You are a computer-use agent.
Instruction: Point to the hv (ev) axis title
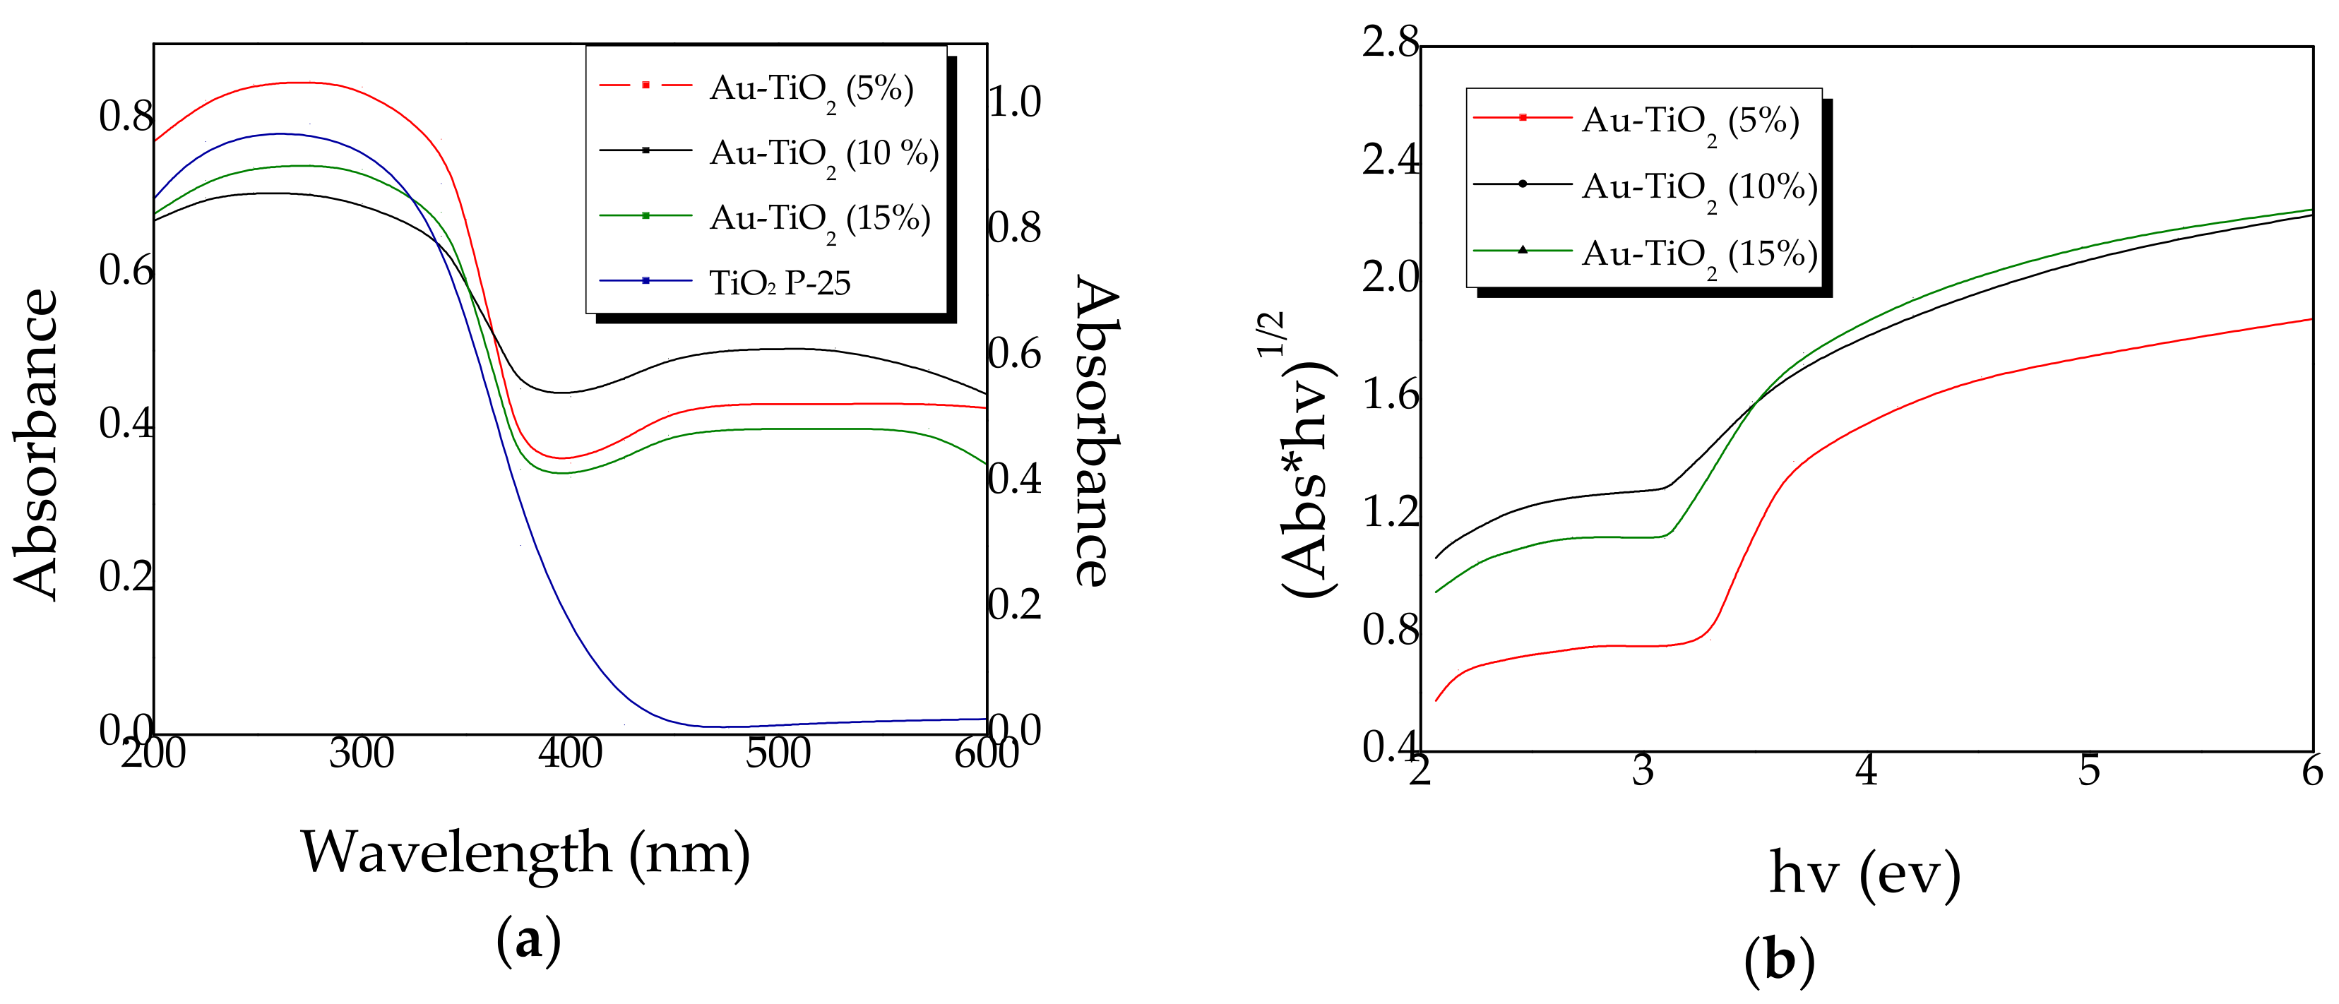[1865, 873]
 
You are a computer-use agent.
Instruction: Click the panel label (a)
[528, 941]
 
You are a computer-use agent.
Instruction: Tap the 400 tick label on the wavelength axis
[570, 753]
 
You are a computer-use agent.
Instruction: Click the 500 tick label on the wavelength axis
[778, 753]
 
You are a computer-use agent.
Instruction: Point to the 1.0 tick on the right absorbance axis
[1015, 102]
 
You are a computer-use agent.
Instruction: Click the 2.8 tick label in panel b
[1389, 42]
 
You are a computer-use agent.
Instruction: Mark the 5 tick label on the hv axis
[2089, 771]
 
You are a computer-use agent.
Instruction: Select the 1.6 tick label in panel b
[1389, 395]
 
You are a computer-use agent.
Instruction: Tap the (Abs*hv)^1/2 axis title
[1307, 454]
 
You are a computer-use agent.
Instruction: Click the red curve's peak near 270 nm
[299, 83]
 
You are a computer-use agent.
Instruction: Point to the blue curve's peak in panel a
[280, 133]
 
